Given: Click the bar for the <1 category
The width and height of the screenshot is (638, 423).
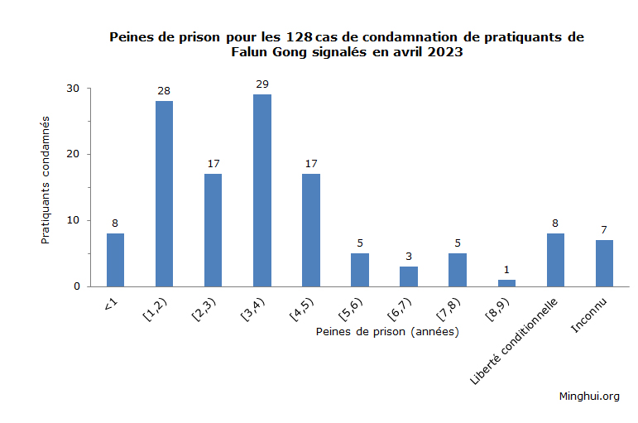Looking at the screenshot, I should (x=115, y=260).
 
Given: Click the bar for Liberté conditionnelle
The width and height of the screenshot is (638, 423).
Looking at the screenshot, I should (x=555, y=260).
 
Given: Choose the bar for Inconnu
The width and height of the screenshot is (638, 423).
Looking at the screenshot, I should (x=604, y=263).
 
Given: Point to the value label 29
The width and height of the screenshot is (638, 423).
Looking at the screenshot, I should (x=261, y=84).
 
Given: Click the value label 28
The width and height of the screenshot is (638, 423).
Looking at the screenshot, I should (x=164, y=90).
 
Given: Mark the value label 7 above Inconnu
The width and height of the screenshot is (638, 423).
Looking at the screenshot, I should (x=604, y=229).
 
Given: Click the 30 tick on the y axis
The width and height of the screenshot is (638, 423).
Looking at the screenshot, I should (x=73, y=89).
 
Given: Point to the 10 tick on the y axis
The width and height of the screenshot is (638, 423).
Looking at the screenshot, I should (x=73, y=220).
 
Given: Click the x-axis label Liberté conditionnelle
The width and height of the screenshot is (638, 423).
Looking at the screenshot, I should (x=515, y=339).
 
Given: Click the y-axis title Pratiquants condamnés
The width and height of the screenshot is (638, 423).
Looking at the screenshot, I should (x=46, y=178).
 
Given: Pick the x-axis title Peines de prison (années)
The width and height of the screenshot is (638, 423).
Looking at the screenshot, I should (x=387, y=331).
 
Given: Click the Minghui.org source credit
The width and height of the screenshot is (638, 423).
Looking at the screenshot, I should (x=589, y=396).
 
